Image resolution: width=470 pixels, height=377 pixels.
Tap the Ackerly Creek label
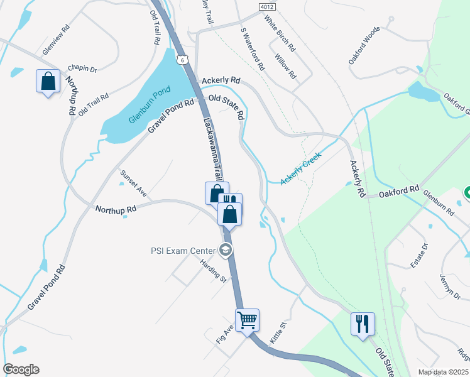[x=300, y=168]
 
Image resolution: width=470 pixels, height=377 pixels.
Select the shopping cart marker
[x=247, y=320]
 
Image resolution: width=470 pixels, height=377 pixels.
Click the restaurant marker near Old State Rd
[x=363, y=324]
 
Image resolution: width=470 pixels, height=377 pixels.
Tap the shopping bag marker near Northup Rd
[x=48, y=81]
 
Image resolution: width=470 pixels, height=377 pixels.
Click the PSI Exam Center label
[x=183, y=251]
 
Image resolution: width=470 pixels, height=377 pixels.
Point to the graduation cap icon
[x=226, y=251]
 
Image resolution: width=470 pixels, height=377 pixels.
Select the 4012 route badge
[x=266, y=6]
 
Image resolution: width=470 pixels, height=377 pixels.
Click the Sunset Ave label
[x=133, y=184]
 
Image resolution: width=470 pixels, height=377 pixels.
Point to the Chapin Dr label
[x=82, y=68]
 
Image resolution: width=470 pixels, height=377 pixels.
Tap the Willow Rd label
[x=285, y=65]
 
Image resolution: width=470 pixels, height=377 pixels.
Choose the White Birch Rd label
[x=279, y=33]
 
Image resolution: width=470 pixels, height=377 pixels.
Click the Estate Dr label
[x=419, y=256]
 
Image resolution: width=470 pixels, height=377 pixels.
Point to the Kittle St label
[x=277, y=332]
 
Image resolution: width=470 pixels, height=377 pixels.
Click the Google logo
[x=21, y=369]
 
